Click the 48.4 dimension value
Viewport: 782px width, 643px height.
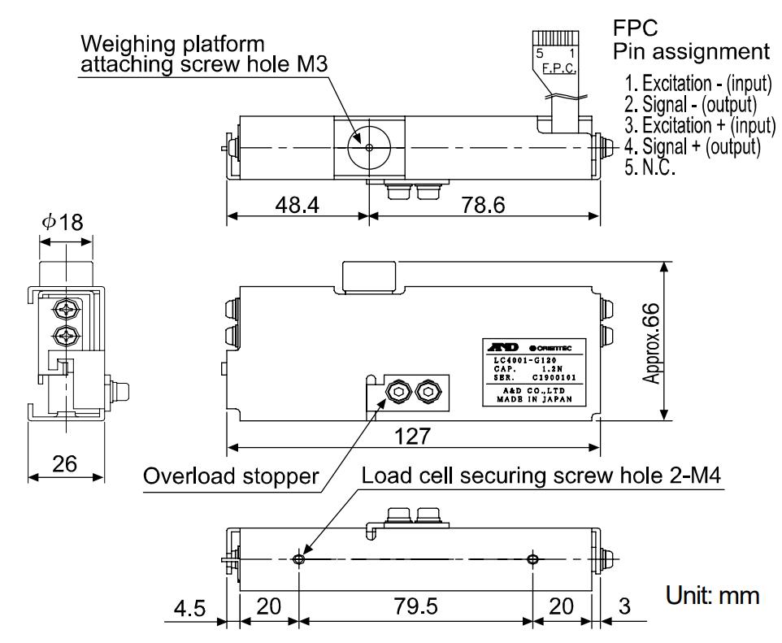[x=296, y=206]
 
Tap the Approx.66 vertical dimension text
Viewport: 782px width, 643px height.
[x=650, y=340]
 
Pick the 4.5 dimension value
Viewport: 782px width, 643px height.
[x=190, y=607]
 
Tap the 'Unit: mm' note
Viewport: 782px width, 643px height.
[x=711, y=596]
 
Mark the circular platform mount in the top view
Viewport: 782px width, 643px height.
[x=369, y=148]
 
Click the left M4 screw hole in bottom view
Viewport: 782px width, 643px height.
[x=300, y=559]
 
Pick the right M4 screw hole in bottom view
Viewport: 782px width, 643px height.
[x=532, y=559]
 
